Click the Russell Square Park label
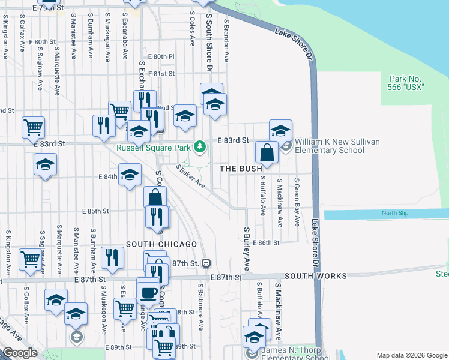point(154,147)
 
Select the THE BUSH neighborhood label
point(241,169)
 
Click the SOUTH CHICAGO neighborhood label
point(161,244)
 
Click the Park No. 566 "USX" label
point(406,83)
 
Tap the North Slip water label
point(394,214)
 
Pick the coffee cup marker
point(148,293)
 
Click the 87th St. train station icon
point(206,263)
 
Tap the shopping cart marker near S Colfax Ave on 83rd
point(33,127)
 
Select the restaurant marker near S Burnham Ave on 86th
point(112,258)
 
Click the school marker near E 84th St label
point(130,175)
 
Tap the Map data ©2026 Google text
point(411,355)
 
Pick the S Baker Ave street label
point(191,176)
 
